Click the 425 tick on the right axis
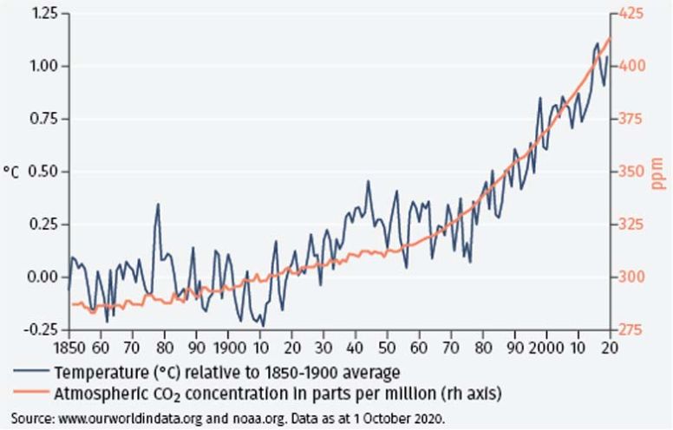631,15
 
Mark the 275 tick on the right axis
631,330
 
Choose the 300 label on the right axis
631,277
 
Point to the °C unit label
11,173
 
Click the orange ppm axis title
658,173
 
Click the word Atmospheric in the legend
101,393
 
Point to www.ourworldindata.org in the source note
138,416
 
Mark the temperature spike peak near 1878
159,205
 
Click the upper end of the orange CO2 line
610,39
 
